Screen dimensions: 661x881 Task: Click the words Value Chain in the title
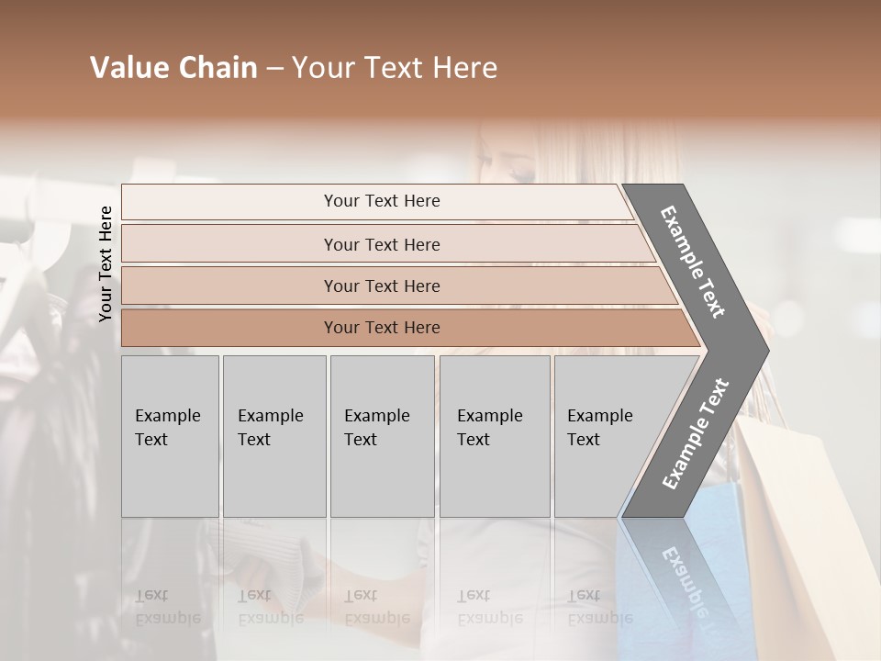[173, 68]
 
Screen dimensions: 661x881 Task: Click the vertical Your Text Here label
[106, 263]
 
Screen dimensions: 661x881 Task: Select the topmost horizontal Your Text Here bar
[381, 201]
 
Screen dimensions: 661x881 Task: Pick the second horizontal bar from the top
[381, 244]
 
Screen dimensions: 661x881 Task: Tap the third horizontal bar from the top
[381, 286]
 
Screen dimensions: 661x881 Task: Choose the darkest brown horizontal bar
[381, 328]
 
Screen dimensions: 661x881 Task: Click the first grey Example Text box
[170, 435]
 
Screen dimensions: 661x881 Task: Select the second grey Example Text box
[273, 435]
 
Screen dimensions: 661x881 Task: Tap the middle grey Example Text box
[382, 435]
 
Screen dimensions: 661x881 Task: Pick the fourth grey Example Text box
[494, 435]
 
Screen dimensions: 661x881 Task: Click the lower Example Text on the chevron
[696, 433]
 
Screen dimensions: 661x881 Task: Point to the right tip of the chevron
[766, 351]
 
